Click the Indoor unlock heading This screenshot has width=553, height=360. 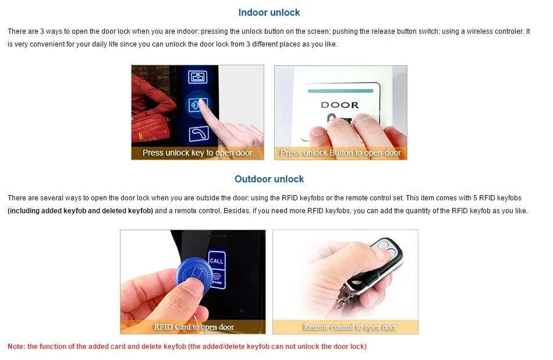269,13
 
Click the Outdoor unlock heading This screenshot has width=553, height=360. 269,179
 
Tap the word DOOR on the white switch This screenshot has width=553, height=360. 339,105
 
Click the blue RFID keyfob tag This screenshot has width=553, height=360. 194,276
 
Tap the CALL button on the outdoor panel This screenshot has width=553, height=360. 217,261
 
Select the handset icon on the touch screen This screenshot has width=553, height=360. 198,134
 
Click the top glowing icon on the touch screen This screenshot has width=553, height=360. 197,77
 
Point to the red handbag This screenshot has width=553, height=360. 150,127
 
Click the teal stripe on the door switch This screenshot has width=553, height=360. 341,91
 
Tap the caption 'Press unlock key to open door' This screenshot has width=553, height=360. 197,153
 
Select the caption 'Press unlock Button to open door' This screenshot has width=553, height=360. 341,153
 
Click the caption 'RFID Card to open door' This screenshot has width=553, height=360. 194,327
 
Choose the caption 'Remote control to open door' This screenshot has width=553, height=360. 350,327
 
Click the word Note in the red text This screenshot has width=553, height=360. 16,347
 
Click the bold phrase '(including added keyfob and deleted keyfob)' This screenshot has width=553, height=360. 80,211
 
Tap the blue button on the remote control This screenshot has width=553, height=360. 391,252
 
